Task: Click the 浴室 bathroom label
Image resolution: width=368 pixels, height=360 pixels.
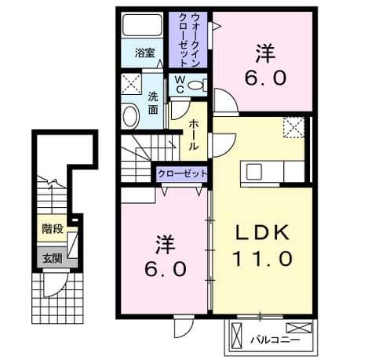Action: (145, 53)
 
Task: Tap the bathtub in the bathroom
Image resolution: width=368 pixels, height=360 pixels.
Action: (142, 25)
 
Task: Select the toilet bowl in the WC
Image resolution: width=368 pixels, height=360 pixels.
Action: (197, 85)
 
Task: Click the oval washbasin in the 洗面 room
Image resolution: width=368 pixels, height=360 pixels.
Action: (130, 116)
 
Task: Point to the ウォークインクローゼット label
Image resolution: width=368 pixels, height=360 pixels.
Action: (189, 40)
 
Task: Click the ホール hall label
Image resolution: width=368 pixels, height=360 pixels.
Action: (193, 135)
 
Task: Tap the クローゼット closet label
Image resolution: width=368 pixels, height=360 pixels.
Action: (182, 173)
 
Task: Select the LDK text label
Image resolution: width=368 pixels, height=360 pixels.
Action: (263, 232)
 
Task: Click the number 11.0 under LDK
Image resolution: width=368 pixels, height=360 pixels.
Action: (262, 258)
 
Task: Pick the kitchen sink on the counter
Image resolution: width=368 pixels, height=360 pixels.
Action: (254, 172)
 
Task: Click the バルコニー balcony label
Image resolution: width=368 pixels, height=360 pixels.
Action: (275, 340)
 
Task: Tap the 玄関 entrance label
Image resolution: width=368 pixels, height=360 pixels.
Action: (53, 258)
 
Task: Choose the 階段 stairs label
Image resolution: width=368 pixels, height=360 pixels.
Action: (53, 229)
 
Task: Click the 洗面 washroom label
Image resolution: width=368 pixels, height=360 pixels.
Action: (153, 104)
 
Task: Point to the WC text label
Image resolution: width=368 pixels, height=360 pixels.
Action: (180, 84)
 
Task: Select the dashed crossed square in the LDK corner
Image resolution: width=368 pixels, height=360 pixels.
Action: (294, 127)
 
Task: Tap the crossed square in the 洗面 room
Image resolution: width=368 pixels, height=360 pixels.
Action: (131, 84)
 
